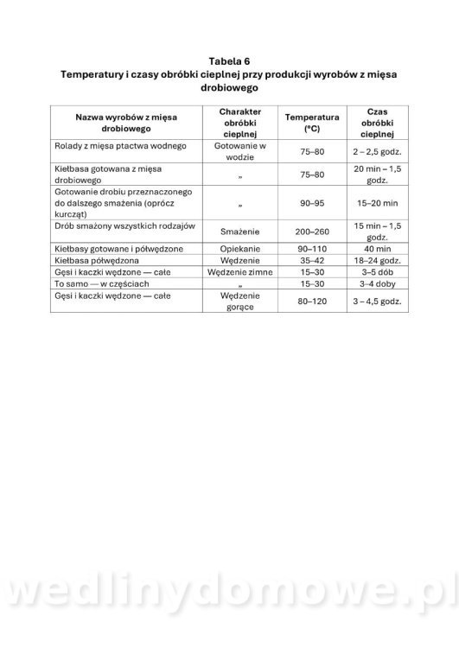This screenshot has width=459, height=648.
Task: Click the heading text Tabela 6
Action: tap(229, 60)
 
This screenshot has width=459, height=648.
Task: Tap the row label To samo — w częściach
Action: tap(97, 282)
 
